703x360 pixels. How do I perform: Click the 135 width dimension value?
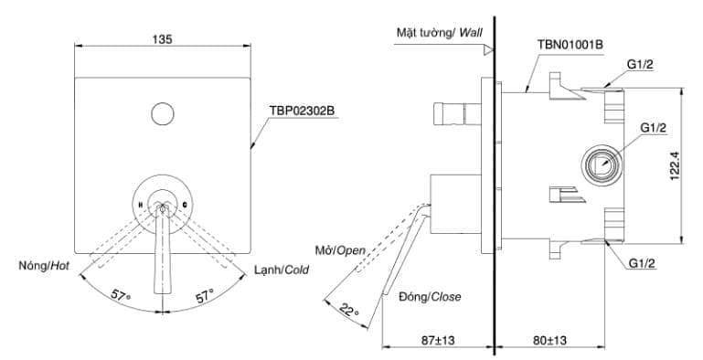pyautogui.click(x=163, y=38)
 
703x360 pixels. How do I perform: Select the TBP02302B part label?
pyautogui.click(x=302, y=110)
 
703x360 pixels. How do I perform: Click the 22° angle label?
pyautogui.click(x=348, y=310)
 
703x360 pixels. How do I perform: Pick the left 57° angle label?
pyautogui.click(x=122, y=296)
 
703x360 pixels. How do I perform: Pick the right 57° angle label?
pyautogui.click(x=204, y=296)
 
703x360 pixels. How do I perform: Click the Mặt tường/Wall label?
pyautogui.click(x=439, y=31)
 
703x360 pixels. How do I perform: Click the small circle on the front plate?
pyautogui.click(x=162, y=114)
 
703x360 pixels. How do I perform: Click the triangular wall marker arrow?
pyautogui.click(x=489, y=47)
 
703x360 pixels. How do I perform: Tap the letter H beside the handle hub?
pyautogui.click(x=140, y=205)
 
